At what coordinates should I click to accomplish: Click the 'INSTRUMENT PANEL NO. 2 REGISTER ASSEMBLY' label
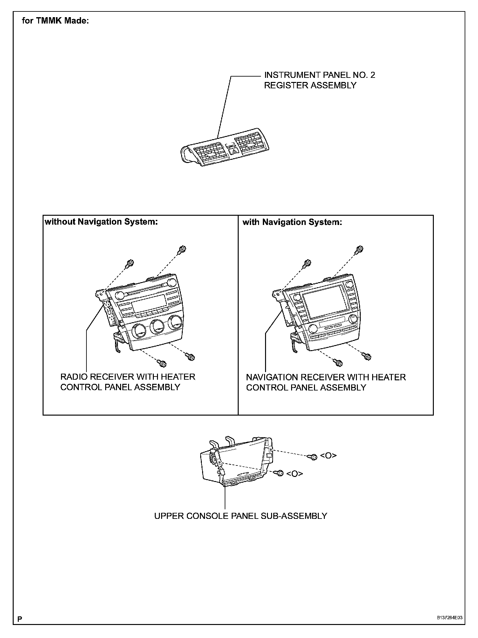(x=319, y=80)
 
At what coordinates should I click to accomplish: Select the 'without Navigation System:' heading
(x=101, y=222)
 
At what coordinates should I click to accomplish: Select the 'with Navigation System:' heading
(x=292, y=222)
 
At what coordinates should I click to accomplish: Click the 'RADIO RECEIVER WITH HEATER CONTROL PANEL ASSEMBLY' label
(x=127, y=382)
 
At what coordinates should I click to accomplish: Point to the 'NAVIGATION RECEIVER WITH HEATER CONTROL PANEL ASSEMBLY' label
(x=326, y=382)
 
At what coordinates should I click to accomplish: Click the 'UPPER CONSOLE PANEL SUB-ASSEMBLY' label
(x=241, y=516)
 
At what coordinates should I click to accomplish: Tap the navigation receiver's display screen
(x=322, y=306)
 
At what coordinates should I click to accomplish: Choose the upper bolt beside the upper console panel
(x=313, y=457)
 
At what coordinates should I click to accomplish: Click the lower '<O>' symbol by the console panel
(x=294, y=474)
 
